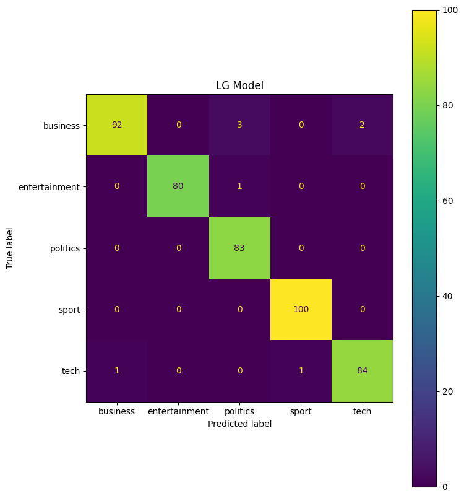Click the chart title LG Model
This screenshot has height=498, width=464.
point(239,85)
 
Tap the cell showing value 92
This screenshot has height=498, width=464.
point(117,124)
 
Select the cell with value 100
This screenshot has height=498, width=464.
point(301,309)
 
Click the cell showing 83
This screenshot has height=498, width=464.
point(239,248)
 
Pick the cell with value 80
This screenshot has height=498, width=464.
point(178,186)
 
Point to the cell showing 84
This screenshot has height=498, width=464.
point(362,370)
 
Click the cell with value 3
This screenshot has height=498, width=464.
point(239,124)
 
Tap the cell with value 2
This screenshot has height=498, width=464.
point(362,124)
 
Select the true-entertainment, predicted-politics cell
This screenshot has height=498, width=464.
point(239,186)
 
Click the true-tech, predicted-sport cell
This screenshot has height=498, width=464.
point(301,370)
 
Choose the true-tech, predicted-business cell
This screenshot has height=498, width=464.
point(117,370)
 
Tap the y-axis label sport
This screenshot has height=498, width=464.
point(69,310)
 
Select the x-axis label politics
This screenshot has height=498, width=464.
point(239,411)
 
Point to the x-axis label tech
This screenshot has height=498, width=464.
point(362,411)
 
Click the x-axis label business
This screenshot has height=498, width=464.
point(117,411)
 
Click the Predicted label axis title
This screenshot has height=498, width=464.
point(239,424)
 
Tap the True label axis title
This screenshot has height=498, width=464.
point(10,248)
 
